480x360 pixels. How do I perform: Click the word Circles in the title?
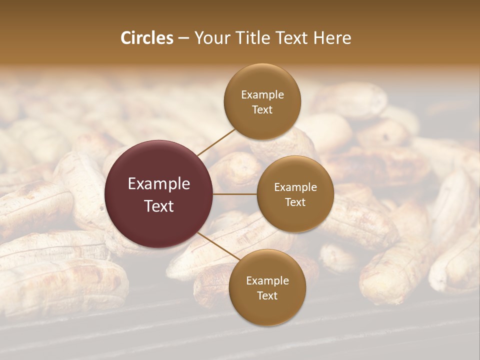pos(146,38)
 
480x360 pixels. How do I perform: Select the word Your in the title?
pos(210,38)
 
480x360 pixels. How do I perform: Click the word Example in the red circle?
pos(159,184)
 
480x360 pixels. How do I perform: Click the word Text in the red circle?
pos(159,205)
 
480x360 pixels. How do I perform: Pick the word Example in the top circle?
pos(262,95)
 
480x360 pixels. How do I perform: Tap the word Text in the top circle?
pos(262,109)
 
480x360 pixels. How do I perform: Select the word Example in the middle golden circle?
pos(295,187)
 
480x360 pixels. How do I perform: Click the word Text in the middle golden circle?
pos(295,202)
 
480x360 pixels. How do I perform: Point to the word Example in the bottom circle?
pos(267,281)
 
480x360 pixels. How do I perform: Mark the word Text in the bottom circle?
pos(267,295)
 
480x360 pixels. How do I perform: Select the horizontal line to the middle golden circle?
pos(235,194)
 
